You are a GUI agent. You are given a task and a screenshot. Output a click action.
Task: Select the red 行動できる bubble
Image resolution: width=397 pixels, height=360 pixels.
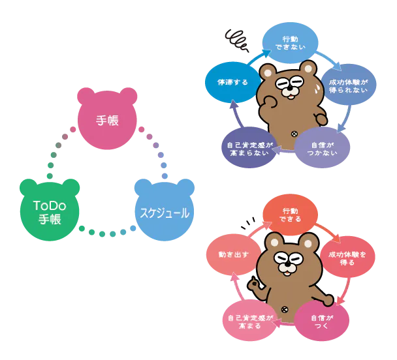[x=291, y=215]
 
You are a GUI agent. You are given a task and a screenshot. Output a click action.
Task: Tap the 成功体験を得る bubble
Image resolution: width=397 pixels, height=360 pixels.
[x=347, y=258]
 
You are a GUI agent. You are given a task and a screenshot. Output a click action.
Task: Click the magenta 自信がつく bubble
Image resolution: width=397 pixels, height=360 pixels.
[x=322, y=321]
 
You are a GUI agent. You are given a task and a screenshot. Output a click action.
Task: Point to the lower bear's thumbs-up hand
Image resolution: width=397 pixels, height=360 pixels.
[x=255, y=285]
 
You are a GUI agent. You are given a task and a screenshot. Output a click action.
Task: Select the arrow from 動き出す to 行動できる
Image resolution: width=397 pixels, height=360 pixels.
[x=251, y=228]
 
